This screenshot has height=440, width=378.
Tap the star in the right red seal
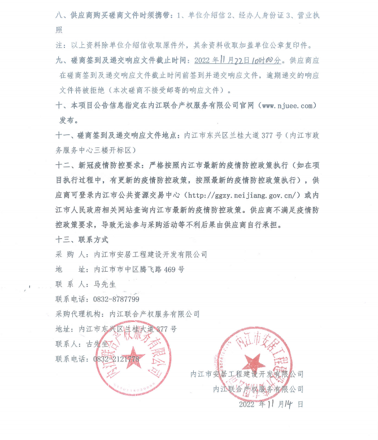[x=254, y=361]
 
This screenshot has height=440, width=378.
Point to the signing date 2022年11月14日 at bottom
[x=271, y=404]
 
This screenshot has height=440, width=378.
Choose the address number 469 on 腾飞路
[x=170, y=269]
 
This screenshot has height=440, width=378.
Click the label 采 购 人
[x=72, y=255]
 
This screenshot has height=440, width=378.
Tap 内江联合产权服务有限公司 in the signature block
[x=258, y=389]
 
